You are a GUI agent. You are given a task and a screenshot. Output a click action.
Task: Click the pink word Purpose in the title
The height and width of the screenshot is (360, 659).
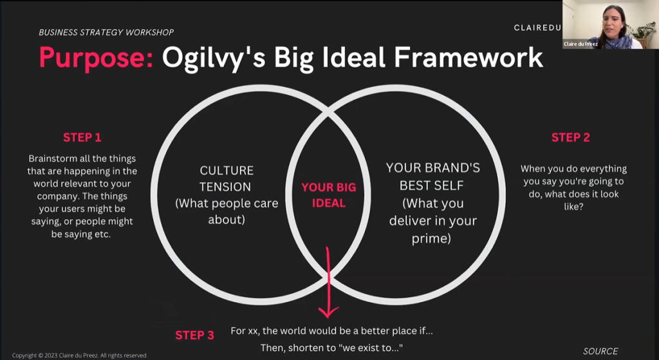point(97,58)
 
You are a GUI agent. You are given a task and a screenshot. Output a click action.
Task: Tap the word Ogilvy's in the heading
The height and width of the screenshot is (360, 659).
point(214,58)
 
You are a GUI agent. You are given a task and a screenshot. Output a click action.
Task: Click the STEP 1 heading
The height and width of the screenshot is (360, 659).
point(82,138)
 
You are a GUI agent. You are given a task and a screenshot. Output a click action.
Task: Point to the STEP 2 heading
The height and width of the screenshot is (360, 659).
point(570,138)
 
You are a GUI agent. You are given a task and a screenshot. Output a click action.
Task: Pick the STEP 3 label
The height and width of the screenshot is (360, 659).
point(194,335)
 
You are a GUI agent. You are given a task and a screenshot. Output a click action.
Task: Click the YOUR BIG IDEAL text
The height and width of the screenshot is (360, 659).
point(329,195)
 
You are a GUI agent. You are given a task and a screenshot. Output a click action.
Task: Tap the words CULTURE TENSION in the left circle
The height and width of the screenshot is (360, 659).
point(227,178)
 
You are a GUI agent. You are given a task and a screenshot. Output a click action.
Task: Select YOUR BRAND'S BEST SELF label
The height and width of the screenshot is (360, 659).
point(433,176)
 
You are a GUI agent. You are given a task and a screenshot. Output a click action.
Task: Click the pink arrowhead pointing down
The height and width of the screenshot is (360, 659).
point(328,311)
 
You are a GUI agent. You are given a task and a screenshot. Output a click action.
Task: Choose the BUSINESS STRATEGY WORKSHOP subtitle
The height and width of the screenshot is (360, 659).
point(106,32)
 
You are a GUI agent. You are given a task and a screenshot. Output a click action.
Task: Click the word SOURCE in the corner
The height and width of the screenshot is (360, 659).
point(600,351)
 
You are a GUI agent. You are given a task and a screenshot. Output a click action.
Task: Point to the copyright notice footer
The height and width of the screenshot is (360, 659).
point(80,355)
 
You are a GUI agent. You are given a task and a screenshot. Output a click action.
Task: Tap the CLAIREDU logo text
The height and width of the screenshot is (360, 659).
point(537,28)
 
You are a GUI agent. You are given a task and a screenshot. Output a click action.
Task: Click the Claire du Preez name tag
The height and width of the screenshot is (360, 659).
point(580,44)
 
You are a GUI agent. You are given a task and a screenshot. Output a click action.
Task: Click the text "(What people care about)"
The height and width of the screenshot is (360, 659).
point(227,211)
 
